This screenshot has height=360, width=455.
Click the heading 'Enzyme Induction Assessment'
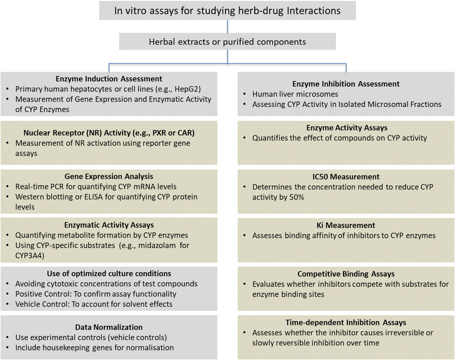coord(109,79)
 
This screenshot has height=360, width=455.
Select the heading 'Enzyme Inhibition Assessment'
coord(346,84)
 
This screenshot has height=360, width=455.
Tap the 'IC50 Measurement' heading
coord(346,176)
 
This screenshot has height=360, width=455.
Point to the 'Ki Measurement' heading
coord(346,225)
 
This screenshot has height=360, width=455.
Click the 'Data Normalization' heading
coord(109,327)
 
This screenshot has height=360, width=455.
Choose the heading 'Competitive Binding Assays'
coord(346,274)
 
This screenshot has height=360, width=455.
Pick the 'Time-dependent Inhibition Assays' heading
coord(346,322)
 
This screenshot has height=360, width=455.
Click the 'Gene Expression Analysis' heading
coord(109,176)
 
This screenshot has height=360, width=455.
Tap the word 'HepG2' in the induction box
coord(188,89)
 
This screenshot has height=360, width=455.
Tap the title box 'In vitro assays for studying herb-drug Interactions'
coord(227,10)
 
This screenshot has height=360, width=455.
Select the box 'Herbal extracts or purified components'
coord(227,42)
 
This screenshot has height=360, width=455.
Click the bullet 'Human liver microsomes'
coord(294,94)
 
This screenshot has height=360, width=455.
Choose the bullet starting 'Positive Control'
coord(96,294)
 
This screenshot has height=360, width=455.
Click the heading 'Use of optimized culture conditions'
coord(109,273)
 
